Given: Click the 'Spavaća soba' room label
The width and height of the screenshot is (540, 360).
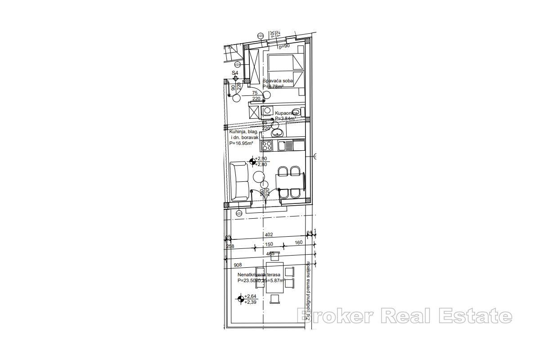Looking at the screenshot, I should tap(278, 81).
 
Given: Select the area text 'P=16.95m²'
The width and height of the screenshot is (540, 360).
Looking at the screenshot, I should tap(241, 143).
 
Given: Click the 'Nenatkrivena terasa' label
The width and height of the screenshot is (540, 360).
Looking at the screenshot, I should tap(259, 274).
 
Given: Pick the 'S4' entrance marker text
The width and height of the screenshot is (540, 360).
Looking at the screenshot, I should tap(235, 72).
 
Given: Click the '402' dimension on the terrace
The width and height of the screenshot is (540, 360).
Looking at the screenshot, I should tap(269, 234).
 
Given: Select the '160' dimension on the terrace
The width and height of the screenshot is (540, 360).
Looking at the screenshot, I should tap(299, 243).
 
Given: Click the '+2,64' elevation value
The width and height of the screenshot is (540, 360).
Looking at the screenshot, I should tap(250, 296).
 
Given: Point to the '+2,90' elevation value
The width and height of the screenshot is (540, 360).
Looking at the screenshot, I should tap(261, 159).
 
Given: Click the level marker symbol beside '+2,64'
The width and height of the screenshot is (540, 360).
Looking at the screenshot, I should tap(241, 298).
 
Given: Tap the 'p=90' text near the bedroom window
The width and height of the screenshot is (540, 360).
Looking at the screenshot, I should tap(284, 46).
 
